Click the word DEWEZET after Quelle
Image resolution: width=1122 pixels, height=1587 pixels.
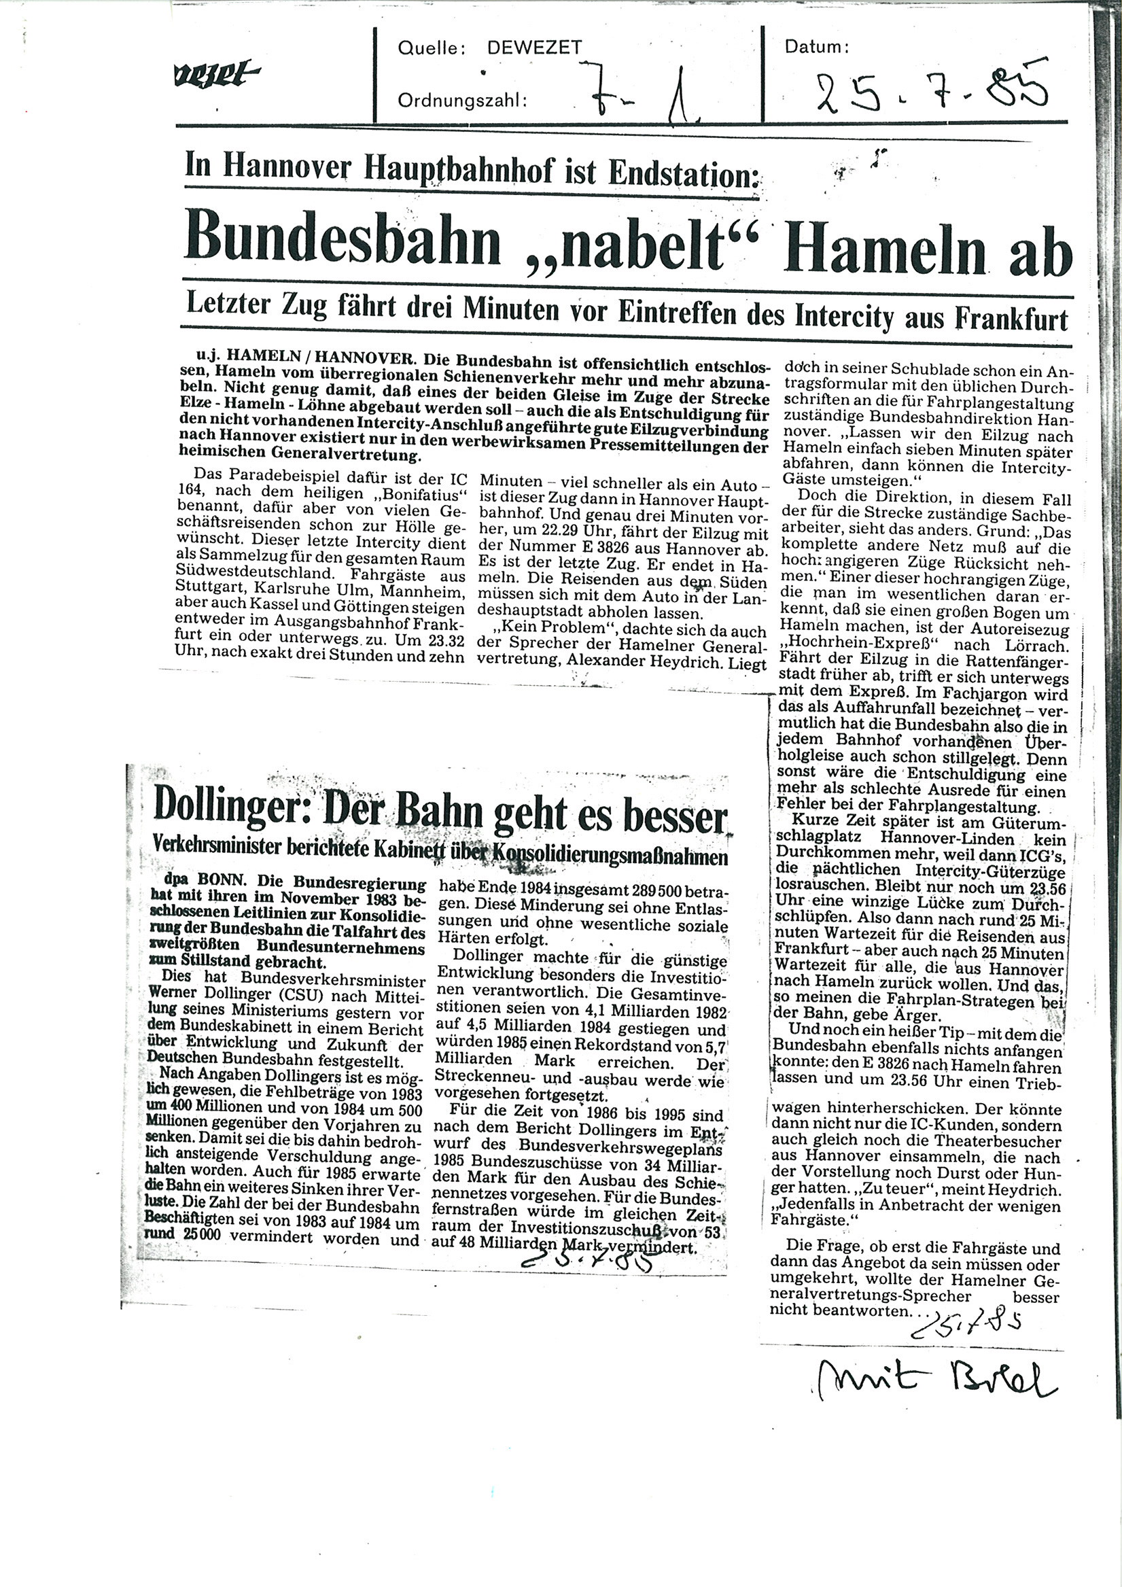coord(534,48)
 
